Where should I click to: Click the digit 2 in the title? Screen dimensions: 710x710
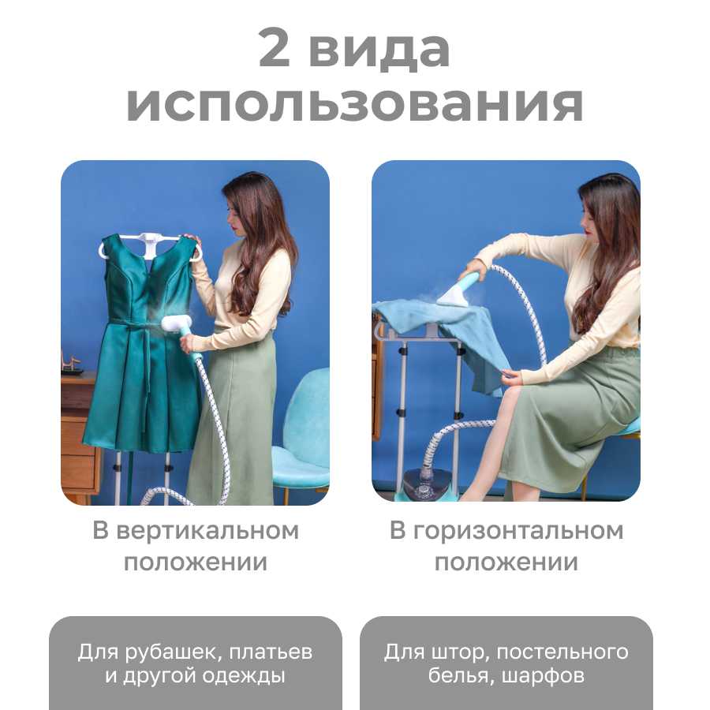pos(274,47)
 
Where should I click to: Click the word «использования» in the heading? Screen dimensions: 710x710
pos(354,104)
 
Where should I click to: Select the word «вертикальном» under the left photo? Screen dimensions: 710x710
pos(207,531)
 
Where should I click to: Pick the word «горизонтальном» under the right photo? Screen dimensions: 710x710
pos(518,531)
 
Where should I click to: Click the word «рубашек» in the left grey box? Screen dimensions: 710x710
pos(172,652)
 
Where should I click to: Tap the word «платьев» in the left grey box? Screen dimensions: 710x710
pos(271,652)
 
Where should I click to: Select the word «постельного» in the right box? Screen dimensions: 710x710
pos(562,652)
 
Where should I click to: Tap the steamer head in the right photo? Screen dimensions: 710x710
pos(454,293)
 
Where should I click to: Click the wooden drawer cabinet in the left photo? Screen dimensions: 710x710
pos(78,435)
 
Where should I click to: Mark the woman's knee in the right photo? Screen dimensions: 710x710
pos(515,391)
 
